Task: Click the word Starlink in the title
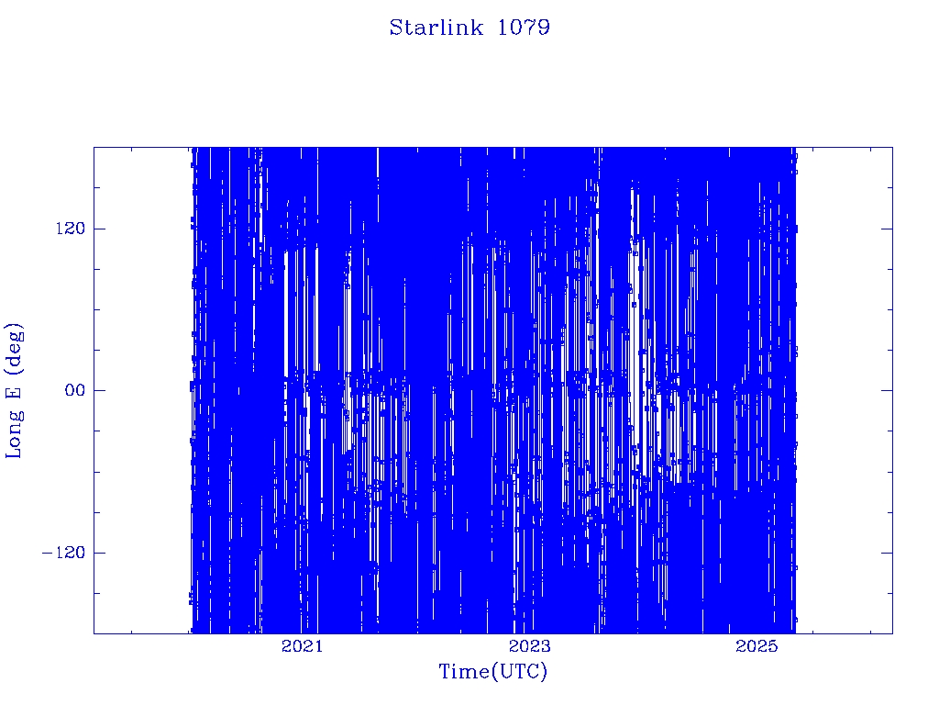(x=436, y=28)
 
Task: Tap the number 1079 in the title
(x=524, y=28)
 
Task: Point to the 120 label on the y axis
(x=71, y=229)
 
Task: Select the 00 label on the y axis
(x=75, y=390)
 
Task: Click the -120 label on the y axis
(x=63, y=552)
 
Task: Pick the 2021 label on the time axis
(x=302, y=645)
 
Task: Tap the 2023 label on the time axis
(x=529, y=645)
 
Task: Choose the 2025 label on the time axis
(x=756, y=645)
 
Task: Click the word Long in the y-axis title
(x=15, y=433)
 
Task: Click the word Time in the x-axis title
(x=465, y=671)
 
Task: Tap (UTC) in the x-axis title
(x=519, y=672)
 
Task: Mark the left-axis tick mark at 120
(x=99, y=229)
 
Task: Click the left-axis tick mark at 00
(x=99, y=390)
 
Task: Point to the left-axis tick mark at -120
(x=99, y=552)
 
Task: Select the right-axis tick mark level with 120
(x=887, y=229)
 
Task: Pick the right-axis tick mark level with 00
(x=887, y=390)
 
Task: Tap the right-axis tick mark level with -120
(x=887, y=552)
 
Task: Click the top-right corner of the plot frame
(x=892, y=147)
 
